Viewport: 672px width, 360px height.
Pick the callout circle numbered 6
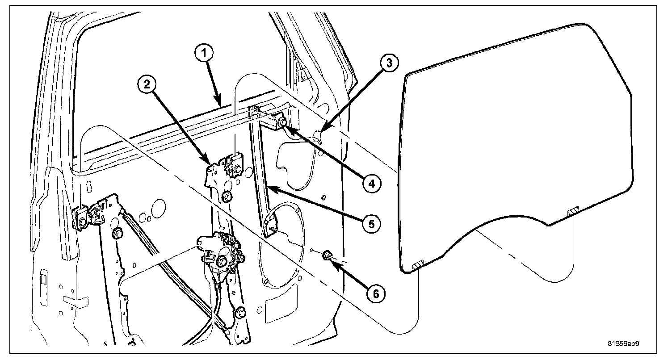click(x=374, y=293)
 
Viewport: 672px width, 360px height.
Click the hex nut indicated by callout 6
click(x=327, y=256)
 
